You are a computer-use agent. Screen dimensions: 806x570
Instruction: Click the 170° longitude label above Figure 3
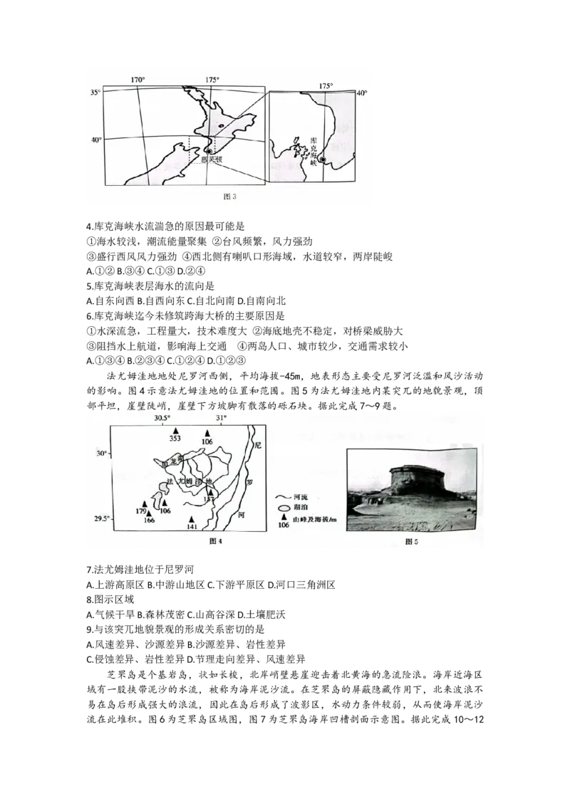(x=138, y=80)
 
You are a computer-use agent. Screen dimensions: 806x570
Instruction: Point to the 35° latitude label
(x=95, y=93)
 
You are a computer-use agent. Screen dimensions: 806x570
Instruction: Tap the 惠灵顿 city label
(x=212, y=160)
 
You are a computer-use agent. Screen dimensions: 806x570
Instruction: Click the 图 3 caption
(x=229, y=197)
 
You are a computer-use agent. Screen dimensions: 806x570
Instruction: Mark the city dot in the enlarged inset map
(x=323, y=160)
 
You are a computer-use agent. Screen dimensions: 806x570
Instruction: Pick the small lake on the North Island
(x=222, y=126)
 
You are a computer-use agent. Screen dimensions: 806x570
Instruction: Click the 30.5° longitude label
(x=162, y=418)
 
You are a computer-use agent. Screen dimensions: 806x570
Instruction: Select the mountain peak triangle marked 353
(x=175, y=431)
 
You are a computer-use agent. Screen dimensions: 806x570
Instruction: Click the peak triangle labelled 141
(x=191, y=519)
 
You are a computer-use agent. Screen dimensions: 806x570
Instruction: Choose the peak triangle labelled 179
(x=145, y=504)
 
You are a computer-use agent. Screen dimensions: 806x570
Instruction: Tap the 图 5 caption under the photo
(x=411, y=542)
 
